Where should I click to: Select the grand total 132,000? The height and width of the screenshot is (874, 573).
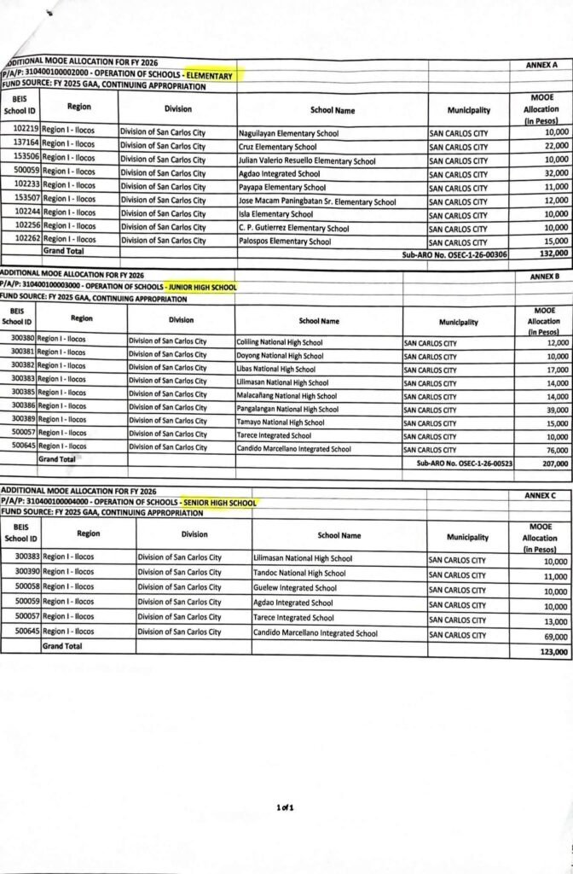pos(555,253)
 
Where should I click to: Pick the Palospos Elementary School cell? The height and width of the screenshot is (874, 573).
pos(285,242)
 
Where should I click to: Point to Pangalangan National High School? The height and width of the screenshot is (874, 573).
pos(287,410)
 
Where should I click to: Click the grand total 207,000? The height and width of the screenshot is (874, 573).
pos(554,463)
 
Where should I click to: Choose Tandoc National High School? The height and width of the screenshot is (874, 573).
pos(300,574)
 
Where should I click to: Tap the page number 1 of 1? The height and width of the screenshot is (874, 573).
pos(285,784)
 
